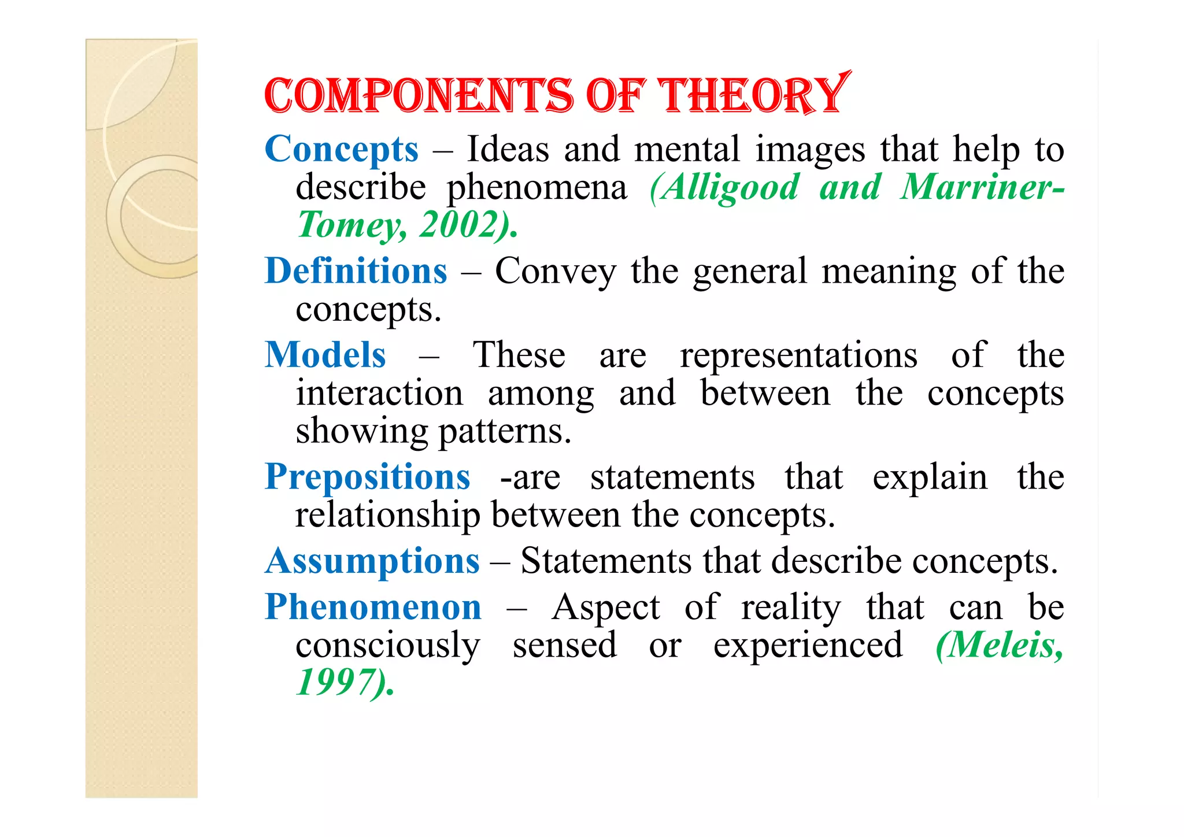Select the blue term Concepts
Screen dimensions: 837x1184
(341, 149)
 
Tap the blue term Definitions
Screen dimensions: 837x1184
(356, 271)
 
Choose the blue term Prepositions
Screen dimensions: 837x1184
(367, 477)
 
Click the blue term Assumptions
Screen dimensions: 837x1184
(372, 561)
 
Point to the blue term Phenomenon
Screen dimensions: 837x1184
(373, 607)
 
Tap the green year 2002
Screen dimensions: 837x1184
(459, 224)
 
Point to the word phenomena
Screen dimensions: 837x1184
(537, 187)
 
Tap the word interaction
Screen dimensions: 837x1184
(379, 393)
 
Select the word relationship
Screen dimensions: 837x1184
(387, 514)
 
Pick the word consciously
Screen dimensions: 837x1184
(387, 645)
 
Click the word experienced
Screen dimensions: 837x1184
(808, 645)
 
